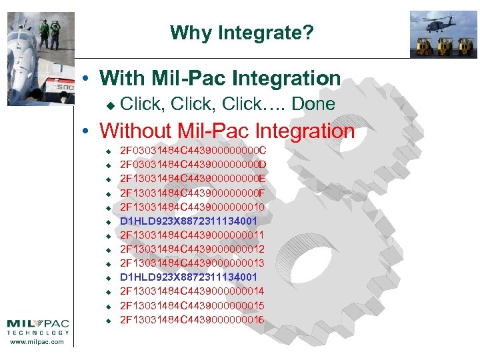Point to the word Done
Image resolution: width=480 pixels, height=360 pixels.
pos(313,104)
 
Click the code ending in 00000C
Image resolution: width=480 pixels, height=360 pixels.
pos(193,150)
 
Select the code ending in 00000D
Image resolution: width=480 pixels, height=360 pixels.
pos(193,164)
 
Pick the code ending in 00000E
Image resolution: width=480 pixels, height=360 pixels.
pos(193,179)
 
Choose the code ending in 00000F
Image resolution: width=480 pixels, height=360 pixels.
pos(193,193)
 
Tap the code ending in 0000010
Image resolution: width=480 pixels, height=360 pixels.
pos(193,207)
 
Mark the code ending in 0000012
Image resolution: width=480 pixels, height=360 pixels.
pos(193,249)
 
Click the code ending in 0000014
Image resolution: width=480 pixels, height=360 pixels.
pos(193,291)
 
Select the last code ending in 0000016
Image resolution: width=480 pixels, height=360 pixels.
pos(193,320)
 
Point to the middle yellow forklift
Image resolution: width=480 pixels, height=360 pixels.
pos(442,46)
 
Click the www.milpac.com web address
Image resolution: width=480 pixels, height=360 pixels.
pos(38,342)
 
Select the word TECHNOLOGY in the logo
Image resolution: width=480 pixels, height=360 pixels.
pos(38,332)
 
